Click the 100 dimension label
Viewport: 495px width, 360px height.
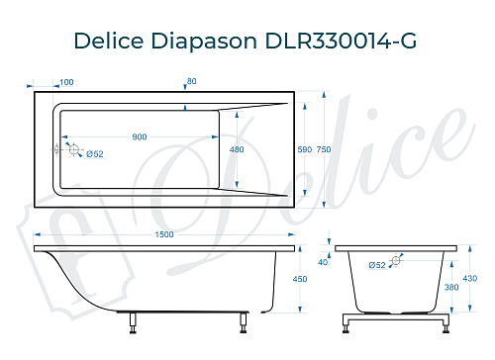tap(67, 82)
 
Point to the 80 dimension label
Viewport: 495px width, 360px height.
tap(192, 82)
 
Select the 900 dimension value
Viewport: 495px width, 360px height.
tap(140, 137)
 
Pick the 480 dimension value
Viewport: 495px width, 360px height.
tap(237, 149)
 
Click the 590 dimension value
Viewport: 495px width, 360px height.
tap(305, 148)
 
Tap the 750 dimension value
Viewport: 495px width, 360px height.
tap(324, 148)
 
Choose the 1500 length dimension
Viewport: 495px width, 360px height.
tap(165, 233)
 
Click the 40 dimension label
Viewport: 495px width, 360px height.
tap(323, 262)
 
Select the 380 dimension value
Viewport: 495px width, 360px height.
tap(451, 288)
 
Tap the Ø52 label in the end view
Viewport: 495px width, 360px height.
tap(376, 265)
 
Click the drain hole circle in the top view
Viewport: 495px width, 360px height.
tap(71, 148)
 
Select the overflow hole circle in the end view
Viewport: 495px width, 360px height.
tap(396, 260)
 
